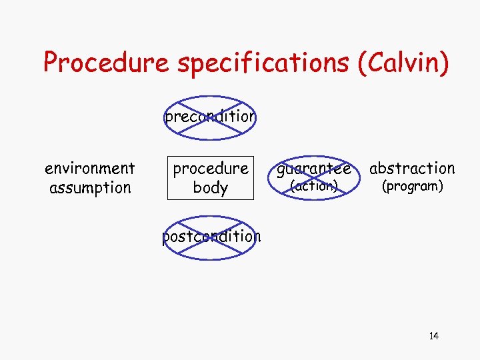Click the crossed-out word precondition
click(x=210, y=117)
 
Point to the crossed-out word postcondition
click(x=211, y=236)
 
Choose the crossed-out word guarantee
click(x=314, y=169)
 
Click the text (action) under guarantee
click(x=313, y=187)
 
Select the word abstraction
click(x=412, y=169)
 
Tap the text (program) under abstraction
click(x=412, y=187)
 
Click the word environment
click(x=89, y=169)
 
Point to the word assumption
click(x=89, y=187)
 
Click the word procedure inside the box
click(x=211, y=169)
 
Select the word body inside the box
click(x=211, y=187)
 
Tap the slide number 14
click(x=434, y=335)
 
